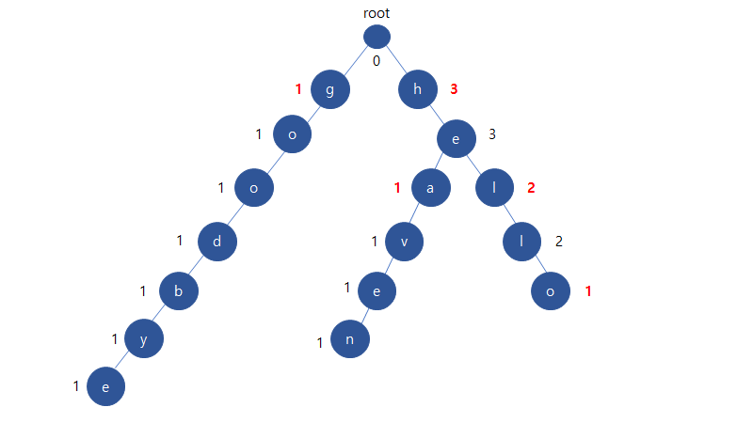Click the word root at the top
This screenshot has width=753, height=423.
pyautogui.click(x=376, y=13)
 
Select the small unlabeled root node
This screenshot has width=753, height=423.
pyautogui.click(x=376, y=37)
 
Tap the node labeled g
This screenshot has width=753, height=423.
pyautogui.click(x=330, y=90)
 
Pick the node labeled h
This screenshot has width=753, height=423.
pyautogui.click(x=417, y=90)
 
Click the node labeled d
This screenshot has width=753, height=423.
pyautogui.click(x=217, y=242)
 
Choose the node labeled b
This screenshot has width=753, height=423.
pyautogui.click(x=179, y=290)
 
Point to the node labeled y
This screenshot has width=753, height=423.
pyautogui.click(x=144, y=339)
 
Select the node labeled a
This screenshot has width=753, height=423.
pyautogui.click(x=430, y=188)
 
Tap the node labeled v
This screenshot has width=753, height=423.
pyautogui.click(x=404, y=242)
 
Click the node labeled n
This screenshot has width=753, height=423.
pyautogui.click(x=350, y=339)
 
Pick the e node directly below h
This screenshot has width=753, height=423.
pyautogui.click(x=456, y=139)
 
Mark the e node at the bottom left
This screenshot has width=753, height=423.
pyautogui.click(x=105, y=386)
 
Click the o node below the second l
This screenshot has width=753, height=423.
pyautogui.click(x=551, y=291)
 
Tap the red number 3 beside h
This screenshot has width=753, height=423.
pyautogui.click(x=454, y=89)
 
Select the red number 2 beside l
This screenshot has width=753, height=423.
pyautogui.click(x=531, y=187)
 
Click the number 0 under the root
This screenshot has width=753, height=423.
pyautogui.click(x=376, y=62)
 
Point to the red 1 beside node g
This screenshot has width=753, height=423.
pyautogui.click(x=298, y=89)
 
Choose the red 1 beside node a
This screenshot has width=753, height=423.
pyautogui.click(x=397, y=187)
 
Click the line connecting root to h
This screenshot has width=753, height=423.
pyautogui.click(x=397, y=64)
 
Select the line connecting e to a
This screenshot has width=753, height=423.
pyautogui.click(x=443, y=163)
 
